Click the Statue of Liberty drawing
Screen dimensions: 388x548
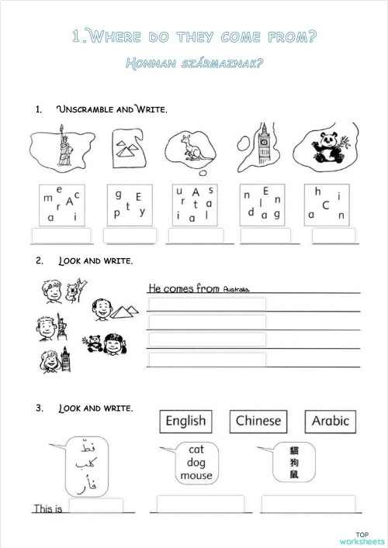coord(60,148)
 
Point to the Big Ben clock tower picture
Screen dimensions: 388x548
coord(262,143)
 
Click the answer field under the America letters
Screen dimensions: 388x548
coord(61,236)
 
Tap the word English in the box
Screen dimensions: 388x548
coord(185,422)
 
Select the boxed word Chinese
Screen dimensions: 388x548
coord(258,422)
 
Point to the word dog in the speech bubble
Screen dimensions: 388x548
coord(195,463)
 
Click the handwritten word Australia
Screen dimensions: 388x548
coord(236,289)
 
